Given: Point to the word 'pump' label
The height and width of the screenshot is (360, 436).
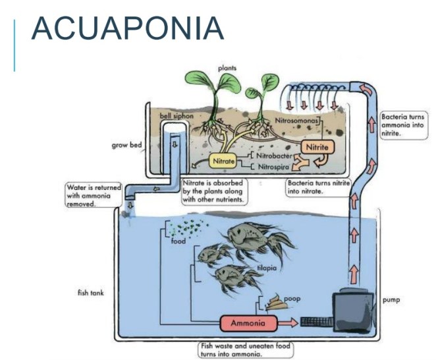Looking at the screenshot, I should pos(391,299).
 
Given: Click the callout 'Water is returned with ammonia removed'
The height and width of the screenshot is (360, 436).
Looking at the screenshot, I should pos(91,196).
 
